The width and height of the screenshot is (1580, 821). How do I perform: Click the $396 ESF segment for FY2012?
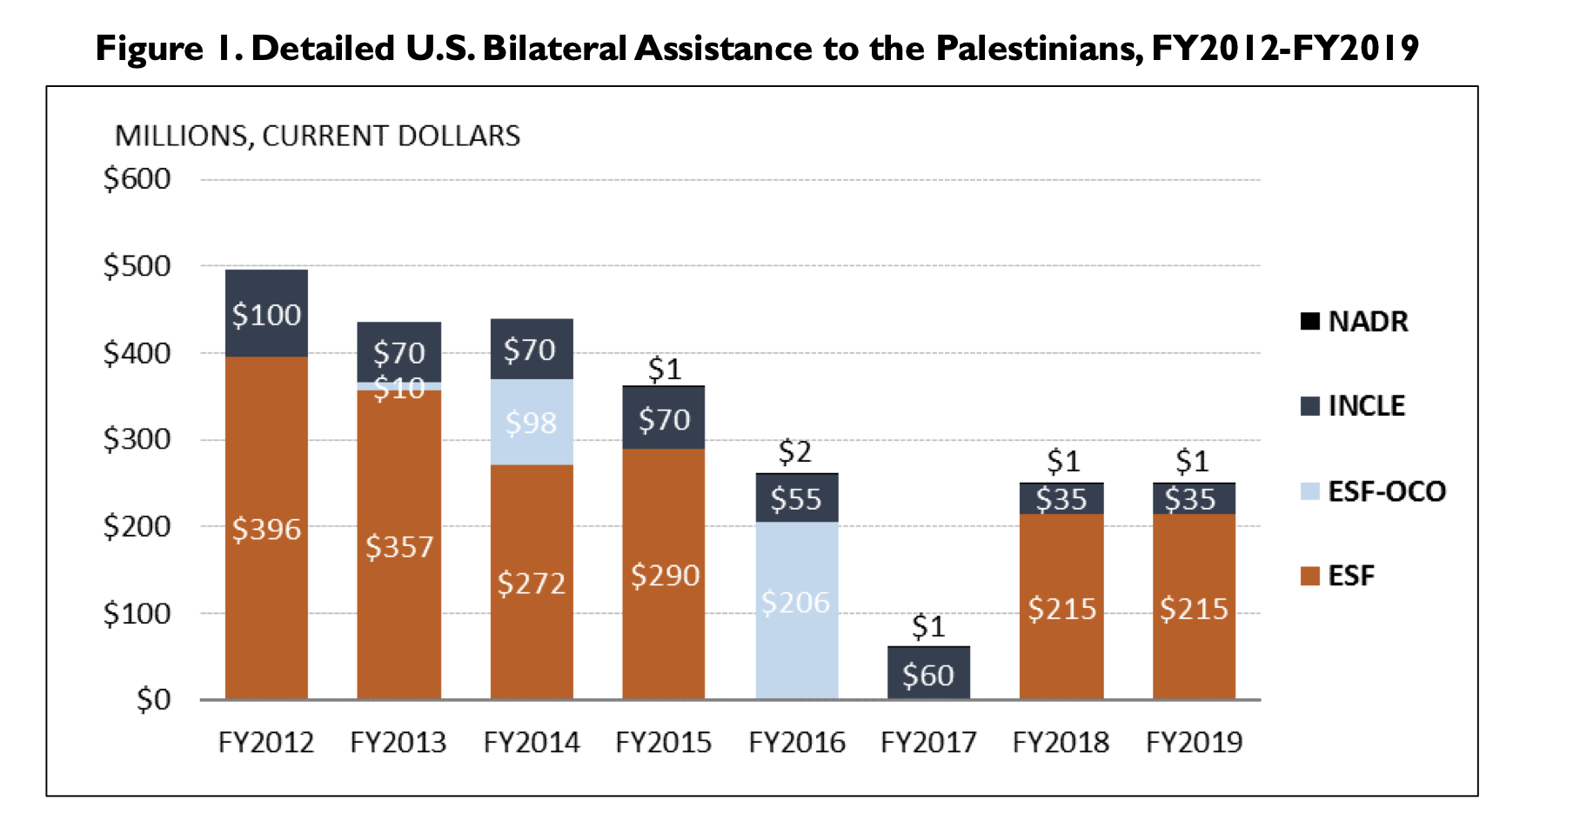[266, 528]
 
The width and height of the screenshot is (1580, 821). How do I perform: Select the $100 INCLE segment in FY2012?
[266, 314]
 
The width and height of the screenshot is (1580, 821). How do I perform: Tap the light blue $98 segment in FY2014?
[532, 423]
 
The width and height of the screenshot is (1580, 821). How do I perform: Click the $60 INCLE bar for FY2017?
[928, 674]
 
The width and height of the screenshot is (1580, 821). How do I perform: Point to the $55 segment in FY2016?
[796, 498]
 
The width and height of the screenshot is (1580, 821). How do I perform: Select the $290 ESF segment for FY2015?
[664, 574]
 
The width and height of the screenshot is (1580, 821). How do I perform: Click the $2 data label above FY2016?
[795, 451]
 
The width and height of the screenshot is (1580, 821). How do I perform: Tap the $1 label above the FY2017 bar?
[928, 626]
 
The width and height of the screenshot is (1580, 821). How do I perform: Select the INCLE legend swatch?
[1310, 406]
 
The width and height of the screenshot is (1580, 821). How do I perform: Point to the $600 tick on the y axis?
[137, 179]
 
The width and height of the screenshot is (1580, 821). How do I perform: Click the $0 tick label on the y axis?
[153, 699]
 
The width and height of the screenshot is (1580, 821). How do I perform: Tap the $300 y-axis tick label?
[137, 439]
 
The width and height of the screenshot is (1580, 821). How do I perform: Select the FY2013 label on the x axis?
[398, 743]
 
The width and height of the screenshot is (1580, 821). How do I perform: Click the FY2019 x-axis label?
[1194, 743]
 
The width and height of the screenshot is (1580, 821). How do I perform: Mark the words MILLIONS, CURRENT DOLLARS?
[318, 137]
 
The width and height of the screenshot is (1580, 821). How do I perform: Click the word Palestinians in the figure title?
[1039, 49]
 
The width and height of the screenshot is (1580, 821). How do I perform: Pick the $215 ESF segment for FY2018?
[1061, 608]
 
